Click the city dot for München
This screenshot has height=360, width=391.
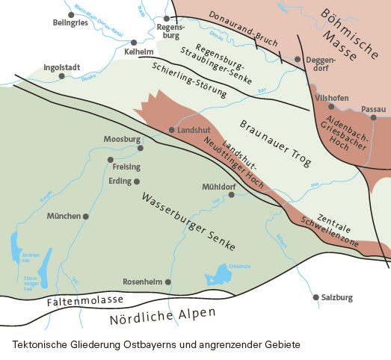tap(86, 217)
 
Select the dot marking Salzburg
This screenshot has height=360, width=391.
tap(315, 297)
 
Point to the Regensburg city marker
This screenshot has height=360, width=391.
tap(166, 18)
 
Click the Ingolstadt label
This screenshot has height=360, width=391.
tap(62, 66)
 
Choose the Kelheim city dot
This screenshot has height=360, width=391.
tap(134, 43)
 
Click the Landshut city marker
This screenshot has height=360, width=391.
tap(171, 130)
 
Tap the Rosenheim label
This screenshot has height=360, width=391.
tap(142, 282)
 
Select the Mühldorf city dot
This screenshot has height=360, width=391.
tap(231, 195)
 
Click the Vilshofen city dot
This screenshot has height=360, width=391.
tap(331, 106)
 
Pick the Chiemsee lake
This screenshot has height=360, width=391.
tap(220, 276)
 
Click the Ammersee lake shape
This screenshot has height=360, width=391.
tap(17, 244)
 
